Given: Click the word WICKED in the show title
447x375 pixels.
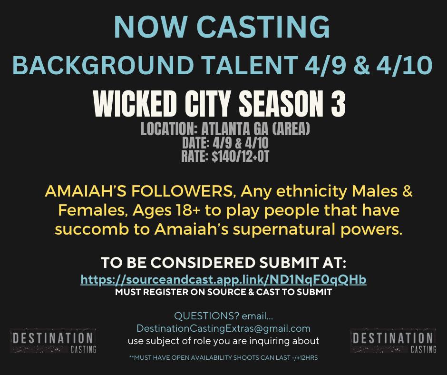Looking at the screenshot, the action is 134,103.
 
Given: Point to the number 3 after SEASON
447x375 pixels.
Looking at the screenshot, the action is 338,103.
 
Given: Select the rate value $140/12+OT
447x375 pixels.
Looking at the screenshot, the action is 240,156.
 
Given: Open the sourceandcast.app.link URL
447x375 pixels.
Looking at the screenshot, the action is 223,280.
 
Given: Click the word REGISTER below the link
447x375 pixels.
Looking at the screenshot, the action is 172,292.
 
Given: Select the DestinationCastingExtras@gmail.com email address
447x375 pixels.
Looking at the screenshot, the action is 223,328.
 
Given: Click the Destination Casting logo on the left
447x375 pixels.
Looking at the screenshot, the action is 53,341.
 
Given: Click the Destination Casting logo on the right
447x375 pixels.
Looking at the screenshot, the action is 393,341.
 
